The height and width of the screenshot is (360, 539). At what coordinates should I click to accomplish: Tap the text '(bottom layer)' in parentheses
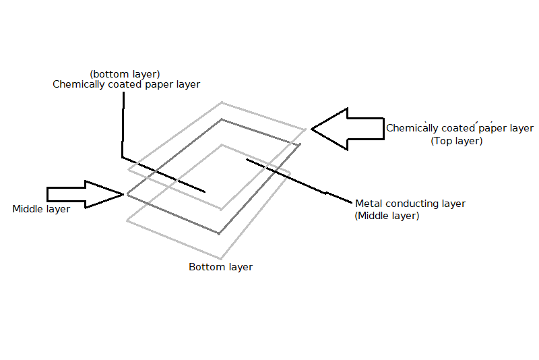[125, 73]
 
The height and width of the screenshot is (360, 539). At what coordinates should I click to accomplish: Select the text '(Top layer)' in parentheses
[456, 141]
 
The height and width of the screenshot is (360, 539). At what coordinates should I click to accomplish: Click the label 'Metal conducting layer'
[410, 203]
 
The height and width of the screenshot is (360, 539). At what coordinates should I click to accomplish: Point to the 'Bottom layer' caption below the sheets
[220, 267]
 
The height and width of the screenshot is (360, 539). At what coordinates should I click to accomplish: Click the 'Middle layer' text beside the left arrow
[41, 209]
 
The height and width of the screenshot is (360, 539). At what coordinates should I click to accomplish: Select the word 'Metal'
[369, 203]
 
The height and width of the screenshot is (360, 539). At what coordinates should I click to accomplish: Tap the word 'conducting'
[411, 203]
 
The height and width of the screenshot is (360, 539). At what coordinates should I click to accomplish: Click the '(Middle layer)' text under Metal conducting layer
[387, 216]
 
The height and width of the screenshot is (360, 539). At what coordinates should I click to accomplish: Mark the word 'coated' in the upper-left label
[124, 85]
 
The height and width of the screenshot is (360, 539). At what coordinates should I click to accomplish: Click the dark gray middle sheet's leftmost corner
[127, 195]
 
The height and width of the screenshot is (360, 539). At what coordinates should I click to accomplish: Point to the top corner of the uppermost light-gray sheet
[222, 102]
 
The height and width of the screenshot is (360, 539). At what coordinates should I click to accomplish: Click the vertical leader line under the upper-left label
[123, 125]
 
